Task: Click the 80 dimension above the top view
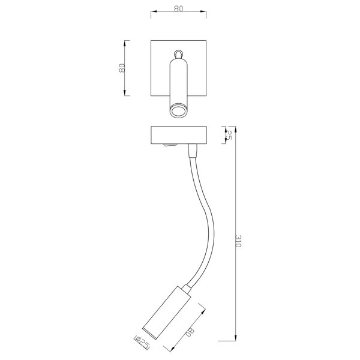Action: (178, 8)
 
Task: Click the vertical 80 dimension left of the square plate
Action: (122, 68)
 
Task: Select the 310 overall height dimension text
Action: (238, 241)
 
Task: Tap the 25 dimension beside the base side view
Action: (229, 135)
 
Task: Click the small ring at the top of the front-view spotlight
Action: (178, 54)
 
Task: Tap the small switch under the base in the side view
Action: (170, 145)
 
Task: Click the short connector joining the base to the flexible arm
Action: (193, 151)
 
